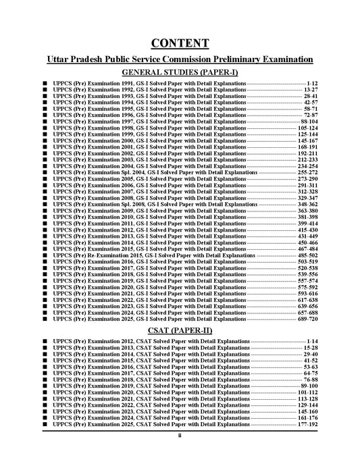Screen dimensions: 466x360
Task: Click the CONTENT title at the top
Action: tap(180, 44)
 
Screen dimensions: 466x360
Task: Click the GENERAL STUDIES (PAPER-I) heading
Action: tap(180, 72)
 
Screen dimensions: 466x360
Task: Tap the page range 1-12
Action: tap(311, 83)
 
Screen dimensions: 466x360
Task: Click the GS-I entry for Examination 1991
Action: tap(149, 83)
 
